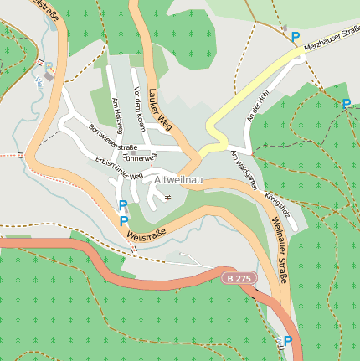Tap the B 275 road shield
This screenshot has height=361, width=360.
[x=238, y=277]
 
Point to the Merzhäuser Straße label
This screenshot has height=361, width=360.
[x=332, y=39]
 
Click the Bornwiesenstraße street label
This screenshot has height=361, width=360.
[x=112, y=137]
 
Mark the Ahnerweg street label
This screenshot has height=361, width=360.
[x=140, y=157]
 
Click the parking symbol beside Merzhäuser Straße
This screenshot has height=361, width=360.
[x=295, y=37]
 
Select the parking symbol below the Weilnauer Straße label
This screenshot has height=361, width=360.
[x=288, y=341]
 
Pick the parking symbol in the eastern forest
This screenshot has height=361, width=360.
[x=346, y=104]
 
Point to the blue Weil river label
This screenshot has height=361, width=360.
[x=39, y=83]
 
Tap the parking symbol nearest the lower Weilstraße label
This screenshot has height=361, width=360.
[x=124, y=221]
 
